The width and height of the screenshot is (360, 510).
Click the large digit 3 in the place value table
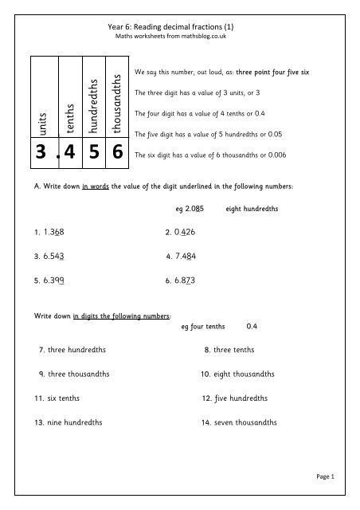[x=43, y=155]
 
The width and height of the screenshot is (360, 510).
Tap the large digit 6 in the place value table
[x=116, y=155]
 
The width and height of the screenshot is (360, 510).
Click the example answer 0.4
[x=252, y=326]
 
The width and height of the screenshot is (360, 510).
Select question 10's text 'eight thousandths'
[x=244, y=374]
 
